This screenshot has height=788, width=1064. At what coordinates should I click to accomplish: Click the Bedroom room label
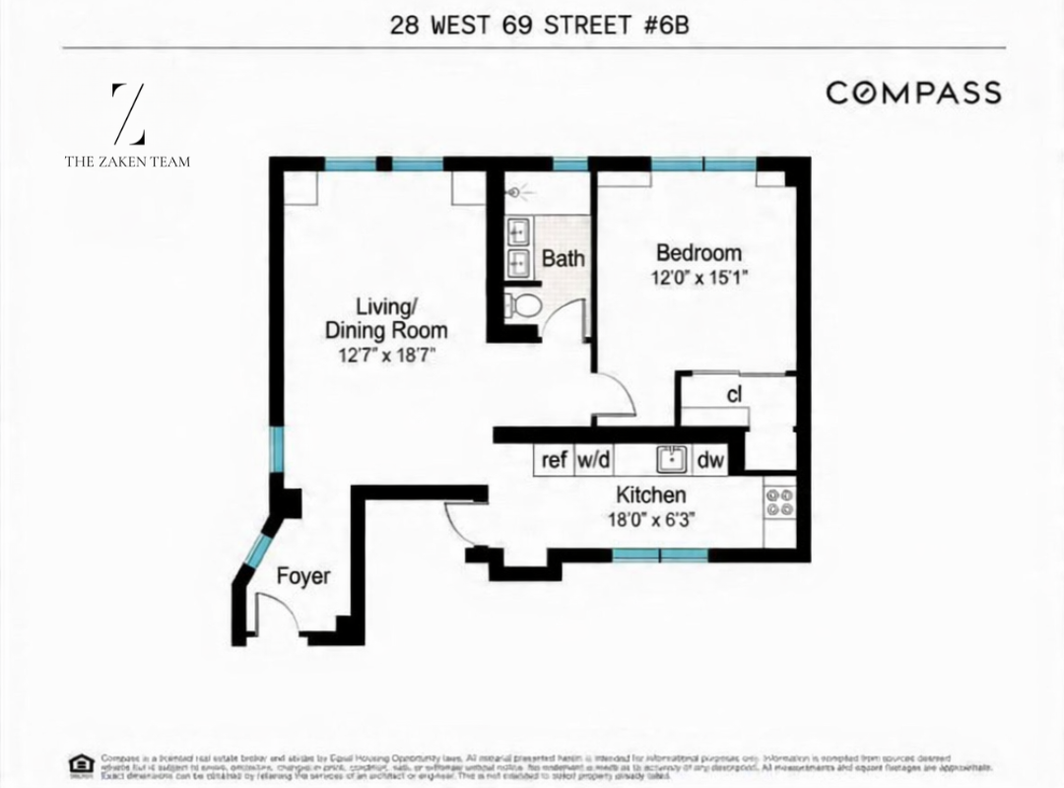tap(698, 252)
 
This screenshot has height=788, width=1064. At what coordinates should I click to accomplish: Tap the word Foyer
tap(302, 576)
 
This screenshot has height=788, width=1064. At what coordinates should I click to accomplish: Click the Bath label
tap(564, 260)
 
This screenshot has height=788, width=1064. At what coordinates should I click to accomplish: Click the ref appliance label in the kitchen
tap(555, 459)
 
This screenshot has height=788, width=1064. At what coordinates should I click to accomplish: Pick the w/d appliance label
tap(592, 459)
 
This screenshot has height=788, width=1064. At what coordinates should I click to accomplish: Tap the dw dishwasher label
tap(709, 459)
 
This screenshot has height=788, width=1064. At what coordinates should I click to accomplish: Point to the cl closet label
tap(734, 396)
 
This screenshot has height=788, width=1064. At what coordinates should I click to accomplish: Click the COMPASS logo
tap(913, 93)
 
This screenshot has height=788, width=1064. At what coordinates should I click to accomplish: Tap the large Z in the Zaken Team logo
tap(128, 114)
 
